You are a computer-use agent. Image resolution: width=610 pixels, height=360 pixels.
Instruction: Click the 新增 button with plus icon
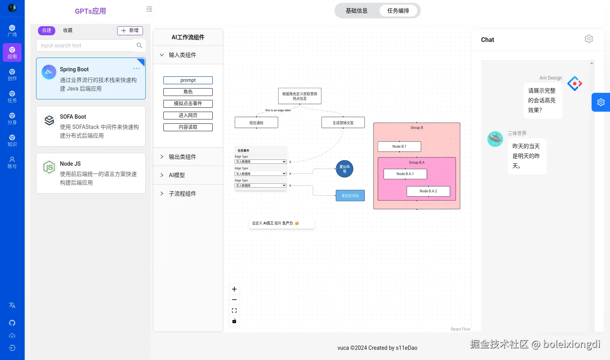(130, 31)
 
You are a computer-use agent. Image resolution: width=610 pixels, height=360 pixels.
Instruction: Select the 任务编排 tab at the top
(398, 11)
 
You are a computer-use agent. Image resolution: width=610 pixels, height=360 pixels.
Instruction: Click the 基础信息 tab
(357, 11)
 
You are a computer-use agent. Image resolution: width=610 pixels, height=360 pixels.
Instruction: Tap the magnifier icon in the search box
(139, 45)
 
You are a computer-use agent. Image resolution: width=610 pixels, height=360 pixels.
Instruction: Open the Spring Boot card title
(74, 69)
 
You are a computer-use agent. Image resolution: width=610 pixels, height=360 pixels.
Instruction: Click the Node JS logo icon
(49, 167)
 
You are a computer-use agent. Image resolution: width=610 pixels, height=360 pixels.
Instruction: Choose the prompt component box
(188, 80)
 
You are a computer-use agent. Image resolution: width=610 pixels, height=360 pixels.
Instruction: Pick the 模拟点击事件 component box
(188, 104)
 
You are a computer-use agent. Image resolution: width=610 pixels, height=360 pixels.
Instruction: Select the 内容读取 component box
(188, 127)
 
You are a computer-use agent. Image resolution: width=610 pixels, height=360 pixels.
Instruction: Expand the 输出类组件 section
(182, 157)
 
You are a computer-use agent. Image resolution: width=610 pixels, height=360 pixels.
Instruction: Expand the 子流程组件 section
(182, 194)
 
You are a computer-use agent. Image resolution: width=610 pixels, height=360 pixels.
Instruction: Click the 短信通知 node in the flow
(256, 123)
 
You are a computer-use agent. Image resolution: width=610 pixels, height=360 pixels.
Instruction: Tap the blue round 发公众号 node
(344, 169)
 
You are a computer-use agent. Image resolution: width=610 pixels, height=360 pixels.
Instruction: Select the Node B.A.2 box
(428, 191)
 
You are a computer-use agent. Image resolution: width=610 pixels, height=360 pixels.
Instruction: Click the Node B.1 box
(399, 147)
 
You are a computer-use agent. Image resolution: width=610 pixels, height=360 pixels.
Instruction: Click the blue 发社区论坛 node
(350, 195)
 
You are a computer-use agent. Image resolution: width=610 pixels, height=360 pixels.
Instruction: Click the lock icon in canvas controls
(234, 321)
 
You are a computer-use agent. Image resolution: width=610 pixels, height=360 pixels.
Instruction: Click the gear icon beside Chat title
(588, 39)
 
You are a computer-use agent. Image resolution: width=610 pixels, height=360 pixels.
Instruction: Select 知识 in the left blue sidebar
(12, 140)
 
